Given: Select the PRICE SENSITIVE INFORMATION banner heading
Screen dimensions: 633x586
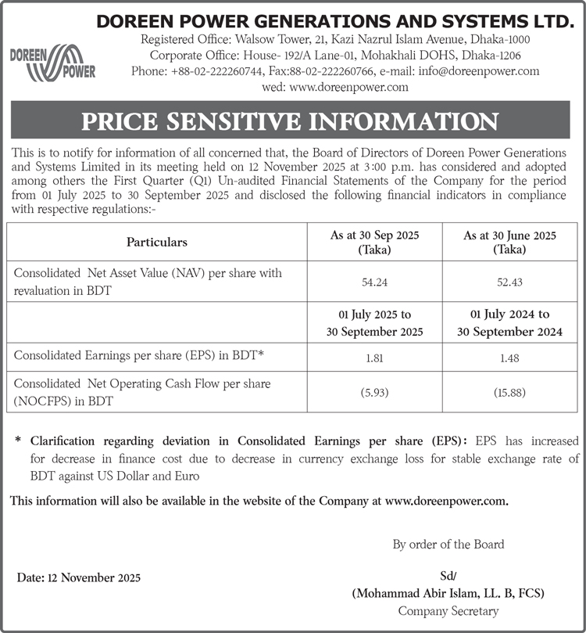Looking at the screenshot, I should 292,120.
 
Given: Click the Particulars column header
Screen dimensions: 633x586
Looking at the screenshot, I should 156,242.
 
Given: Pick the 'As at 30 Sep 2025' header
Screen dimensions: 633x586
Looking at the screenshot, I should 375,242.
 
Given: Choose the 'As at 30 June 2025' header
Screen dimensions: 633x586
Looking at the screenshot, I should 509,242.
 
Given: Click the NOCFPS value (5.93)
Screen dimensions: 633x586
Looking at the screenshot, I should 375,392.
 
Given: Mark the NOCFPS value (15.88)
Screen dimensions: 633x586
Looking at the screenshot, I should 509,392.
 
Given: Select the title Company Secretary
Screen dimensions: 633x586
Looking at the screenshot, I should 448,611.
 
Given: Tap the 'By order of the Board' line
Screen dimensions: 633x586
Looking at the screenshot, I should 448,544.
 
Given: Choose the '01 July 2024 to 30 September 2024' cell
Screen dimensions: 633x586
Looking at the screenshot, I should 509,323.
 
